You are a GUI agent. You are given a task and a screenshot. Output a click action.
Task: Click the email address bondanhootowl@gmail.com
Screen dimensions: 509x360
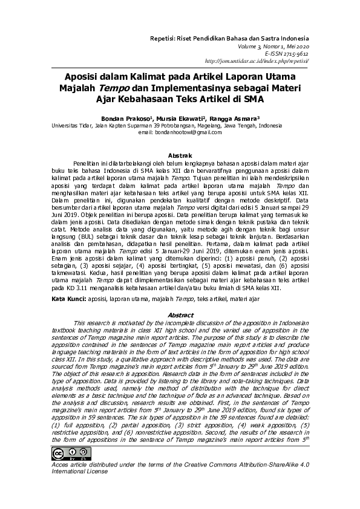(x=180, y=132)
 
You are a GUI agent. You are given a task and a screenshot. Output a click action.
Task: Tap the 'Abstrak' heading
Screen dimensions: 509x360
(x=180, y=155)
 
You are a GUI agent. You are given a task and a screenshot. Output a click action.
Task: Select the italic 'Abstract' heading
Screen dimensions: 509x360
(x=180, y=315)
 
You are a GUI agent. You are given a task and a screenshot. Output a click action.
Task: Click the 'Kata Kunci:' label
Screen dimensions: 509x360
(x=67, y=299)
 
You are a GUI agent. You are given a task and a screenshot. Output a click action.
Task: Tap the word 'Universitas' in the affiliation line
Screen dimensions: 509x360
(x=68, y=126)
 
